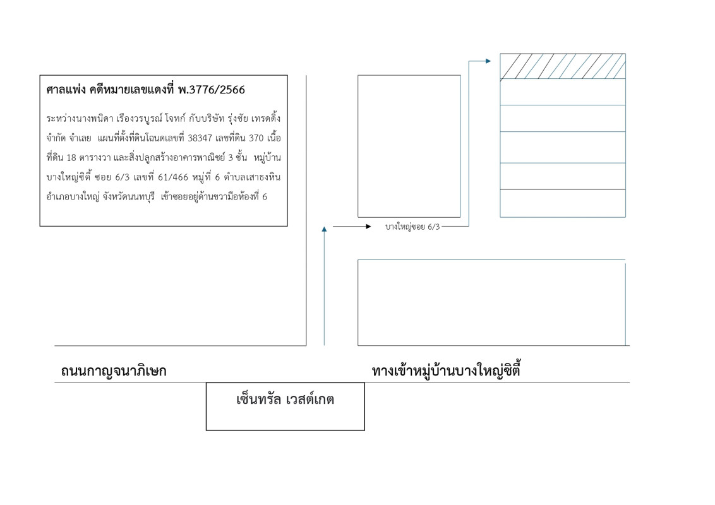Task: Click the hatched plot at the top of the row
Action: [x=563, y=66]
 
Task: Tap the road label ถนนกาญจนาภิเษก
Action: [x=114, y=371]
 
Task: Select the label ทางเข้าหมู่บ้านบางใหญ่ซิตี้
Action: [x=446, y=370]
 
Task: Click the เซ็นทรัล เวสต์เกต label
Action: [x=285, y=400]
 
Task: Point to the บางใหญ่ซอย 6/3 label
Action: [x=412, y=227]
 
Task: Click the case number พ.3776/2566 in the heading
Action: [x=212, y=90]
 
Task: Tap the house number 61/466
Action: [x=173, y=177]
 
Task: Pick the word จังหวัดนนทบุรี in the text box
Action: [x=129, y=197]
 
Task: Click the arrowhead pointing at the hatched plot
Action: [x=488, y=61]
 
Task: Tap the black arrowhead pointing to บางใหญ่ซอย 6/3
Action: [x=368, y=227]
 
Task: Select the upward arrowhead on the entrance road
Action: [x=324, y=229]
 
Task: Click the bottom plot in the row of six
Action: [x=563, y=203]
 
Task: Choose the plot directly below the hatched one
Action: [x=563, y=92]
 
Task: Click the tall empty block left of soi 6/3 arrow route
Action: [x=409, y=146]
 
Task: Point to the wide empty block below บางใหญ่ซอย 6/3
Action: [x=491, y=302]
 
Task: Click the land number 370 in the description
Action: [x=256, y=138]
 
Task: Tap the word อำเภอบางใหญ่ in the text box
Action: [x=73, y=197]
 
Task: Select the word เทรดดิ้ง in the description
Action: [x=266, y=119]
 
